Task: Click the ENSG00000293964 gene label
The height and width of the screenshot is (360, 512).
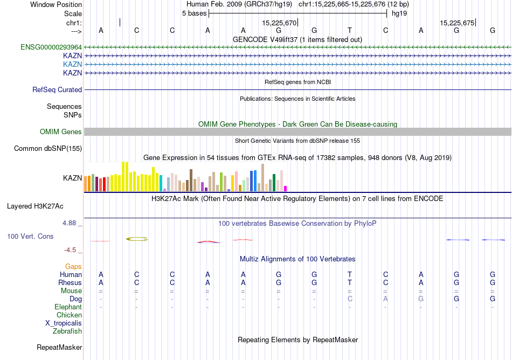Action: pyautogui.click(x=51, y=47)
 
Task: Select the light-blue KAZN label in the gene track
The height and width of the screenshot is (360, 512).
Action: pyautogui.click(x=72, y=64)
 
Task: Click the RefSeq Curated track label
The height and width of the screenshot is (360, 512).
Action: pyautogui.click(x=57, y=90)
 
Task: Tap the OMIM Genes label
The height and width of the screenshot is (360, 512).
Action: pyautogui.click(x=61, y=132)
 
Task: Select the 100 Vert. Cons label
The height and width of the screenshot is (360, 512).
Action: pyautogui.click(x=30, y=237)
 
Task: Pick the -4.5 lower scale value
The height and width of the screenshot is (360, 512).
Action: pyautogui.click(x=72, y=250)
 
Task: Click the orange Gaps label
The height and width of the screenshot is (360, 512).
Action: pyautogui.click(x=73, y=267)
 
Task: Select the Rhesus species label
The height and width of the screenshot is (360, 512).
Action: pyautogui.click(x=70, y=283)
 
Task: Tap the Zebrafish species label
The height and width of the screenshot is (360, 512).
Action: pyautogui.click(x=67, y=331)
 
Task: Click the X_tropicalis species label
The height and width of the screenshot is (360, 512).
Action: pyautogui.click(x=64, y=323)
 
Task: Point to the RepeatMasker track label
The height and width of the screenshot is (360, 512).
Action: pyautogui.click(x=59, y=348)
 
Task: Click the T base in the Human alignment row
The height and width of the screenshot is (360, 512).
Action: pyautogui.click(x=350, y=275)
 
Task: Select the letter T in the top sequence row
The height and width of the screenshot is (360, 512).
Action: pyautogui.click(x=350, y=31)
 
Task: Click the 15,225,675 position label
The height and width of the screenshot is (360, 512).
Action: pyautogui.click(x=457, y=23)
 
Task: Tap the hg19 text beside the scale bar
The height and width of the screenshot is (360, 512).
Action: pyautogui.click(x=399, y=13)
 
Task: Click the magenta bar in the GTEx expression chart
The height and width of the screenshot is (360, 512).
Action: pyautogui.click(x=286, y=189)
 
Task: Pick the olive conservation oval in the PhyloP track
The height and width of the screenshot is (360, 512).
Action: pyautogui.click(x=137, y=239)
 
